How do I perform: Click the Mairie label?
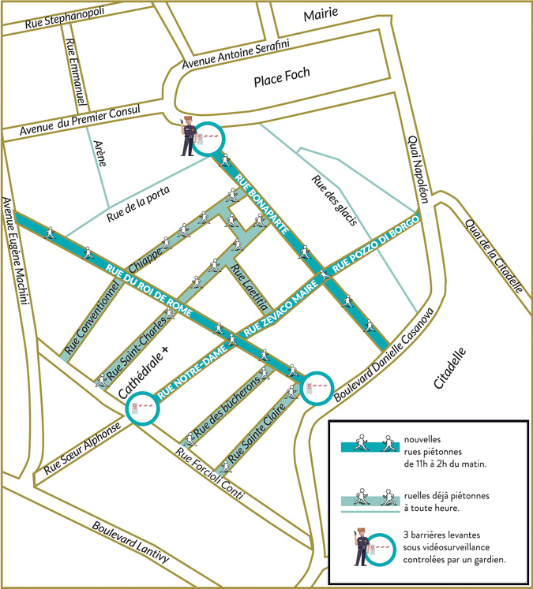coord(321,13)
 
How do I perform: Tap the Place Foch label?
coord(282,76)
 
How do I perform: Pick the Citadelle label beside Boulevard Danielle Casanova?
coord(451,368)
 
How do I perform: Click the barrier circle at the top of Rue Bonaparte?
coord(209,139)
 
